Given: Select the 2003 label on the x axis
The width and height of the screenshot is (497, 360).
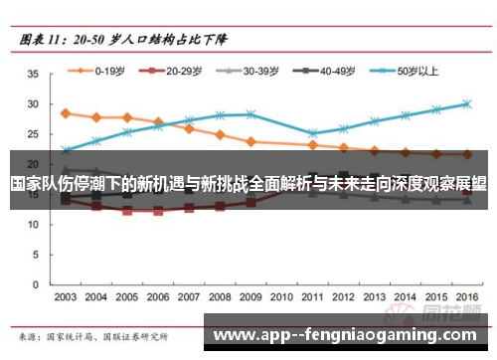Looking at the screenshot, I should pos(65,297).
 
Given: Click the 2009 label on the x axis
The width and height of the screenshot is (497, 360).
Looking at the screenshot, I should pos(250,297).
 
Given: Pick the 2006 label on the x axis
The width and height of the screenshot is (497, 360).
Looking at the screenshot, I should pos(158,297).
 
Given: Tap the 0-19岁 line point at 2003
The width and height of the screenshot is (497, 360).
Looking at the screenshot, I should pos(66,113).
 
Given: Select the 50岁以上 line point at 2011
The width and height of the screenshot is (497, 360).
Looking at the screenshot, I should pos(313,133).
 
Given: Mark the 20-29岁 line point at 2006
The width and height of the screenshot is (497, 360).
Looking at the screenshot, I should pos(158,211).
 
